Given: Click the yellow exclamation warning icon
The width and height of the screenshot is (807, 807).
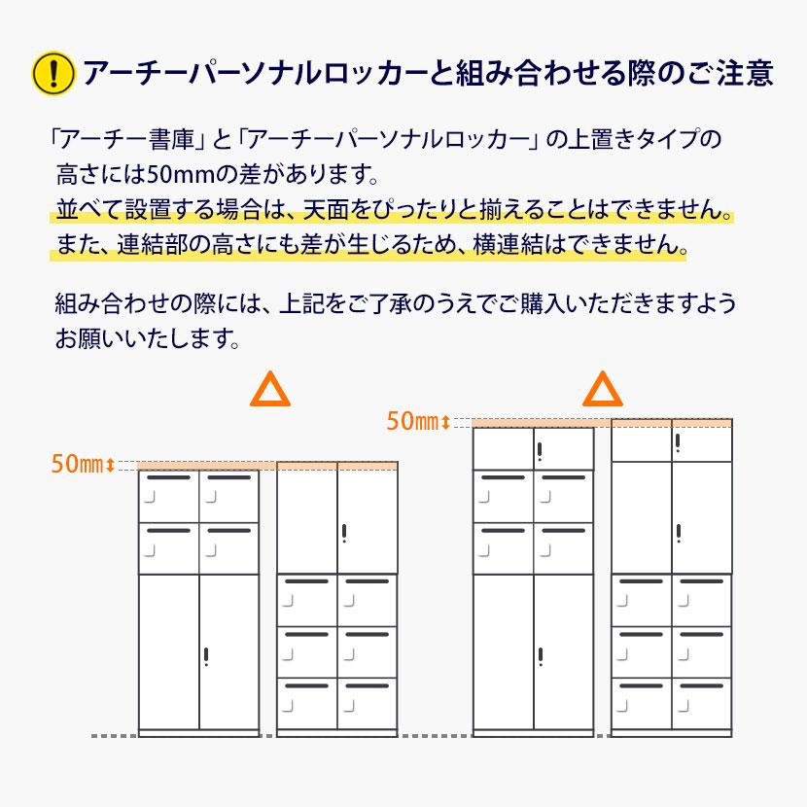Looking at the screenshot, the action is tap(53, 73).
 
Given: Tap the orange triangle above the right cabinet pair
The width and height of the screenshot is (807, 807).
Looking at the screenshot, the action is tap(602, 390).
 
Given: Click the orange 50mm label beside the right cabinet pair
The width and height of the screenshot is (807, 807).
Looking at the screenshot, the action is tap(412, 421).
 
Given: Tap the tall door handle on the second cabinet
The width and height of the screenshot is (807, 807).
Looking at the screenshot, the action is tap(344, 534).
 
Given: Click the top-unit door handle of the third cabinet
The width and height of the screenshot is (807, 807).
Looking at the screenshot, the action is tap(539, 450).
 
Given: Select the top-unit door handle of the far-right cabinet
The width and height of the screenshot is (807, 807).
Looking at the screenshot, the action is tap(678, 443).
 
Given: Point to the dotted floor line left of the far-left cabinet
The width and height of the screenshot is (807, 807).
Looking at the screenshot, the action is tap(113, 735).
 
